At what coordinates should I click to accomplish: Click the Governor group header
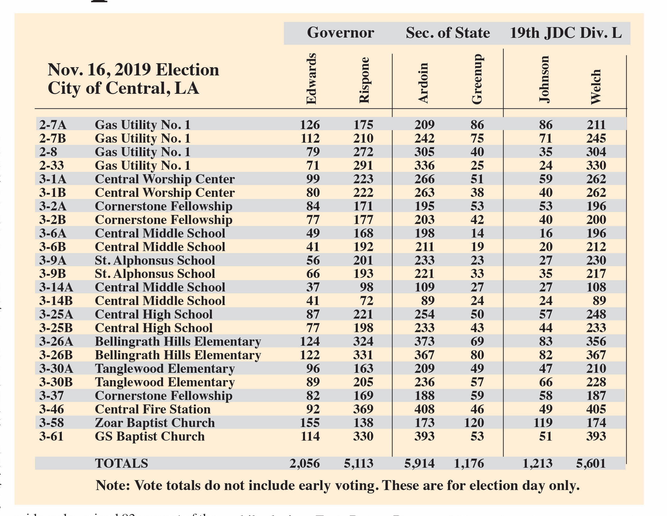(x=340, y=33)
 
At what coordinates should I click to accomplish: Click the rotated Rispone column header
(x=364, y=80)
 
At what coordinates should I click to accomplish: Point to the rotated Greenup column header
(x=477, y=79)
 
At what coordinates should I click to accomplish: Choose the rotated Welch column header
(x=596, y=87)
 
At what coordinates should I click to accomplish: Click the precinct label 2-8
(x=48, y=152)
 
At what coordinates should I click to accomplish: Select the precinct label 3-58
(x=52, y=423)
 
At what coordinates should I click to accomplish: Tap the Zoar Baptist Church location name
(x=155, y=423)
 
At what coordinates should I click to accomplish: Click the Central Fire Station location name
(x=153, y=409)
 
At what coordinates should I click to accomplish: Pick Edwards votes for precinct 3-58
(x=310, y=423)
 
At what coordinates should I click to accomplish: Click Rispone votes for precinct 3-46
(x=363, y=409)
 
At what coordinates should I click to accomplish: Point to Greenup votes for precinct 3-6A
(x=477, y=234)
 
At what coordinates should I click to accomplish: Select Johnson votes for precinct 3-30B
(x=545, y=382)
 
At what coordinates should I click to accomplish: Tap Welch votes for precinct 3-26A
(x=596, y=341)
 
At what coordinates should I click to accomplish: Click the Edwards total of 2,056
(x=304, y=463)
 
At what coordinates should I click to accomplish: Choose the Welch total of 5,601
(x=591, y=463)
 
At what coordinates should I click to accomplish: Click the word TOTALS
(x=121, y=463)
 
